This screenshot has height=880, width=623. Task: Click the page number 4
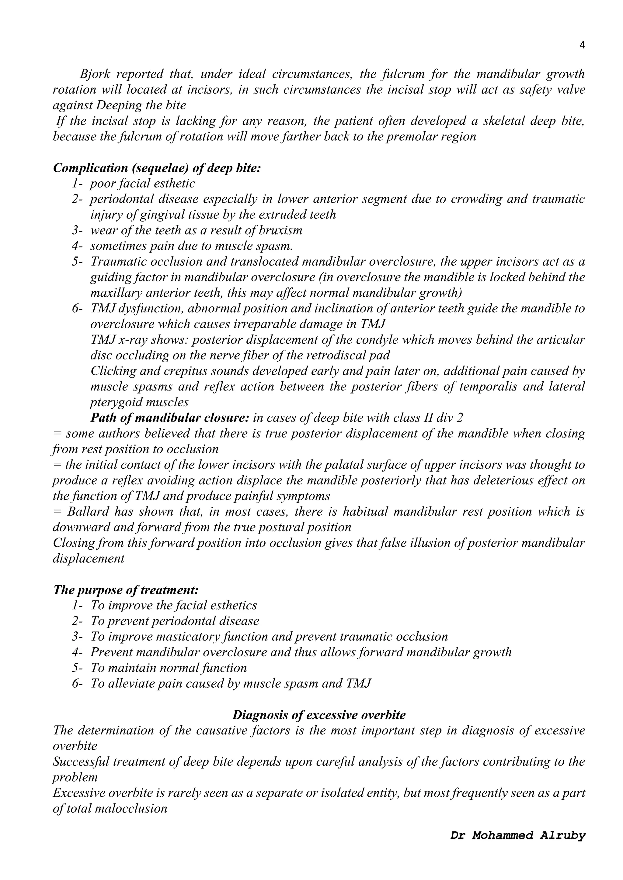(582, 46)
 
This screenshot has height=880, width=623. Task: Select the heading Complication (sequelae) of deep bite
(157, 168)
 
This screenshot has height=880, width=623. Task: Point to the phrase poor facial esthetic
(142, 184)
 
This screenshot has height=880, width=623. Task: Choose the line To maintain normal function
(169, 668)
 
